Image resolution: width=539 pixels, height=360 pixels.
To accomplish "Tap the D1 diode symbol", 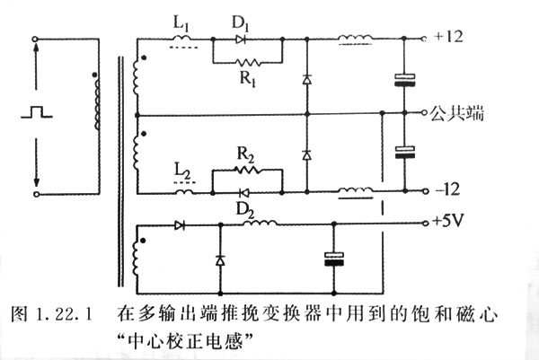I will tap(241, 40).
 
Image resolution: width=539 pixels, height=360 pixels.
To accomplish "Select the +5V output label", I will tap(449, 221).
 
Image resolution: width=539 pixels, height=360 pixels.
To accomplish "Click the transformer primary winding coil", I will tap(96, 115).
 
